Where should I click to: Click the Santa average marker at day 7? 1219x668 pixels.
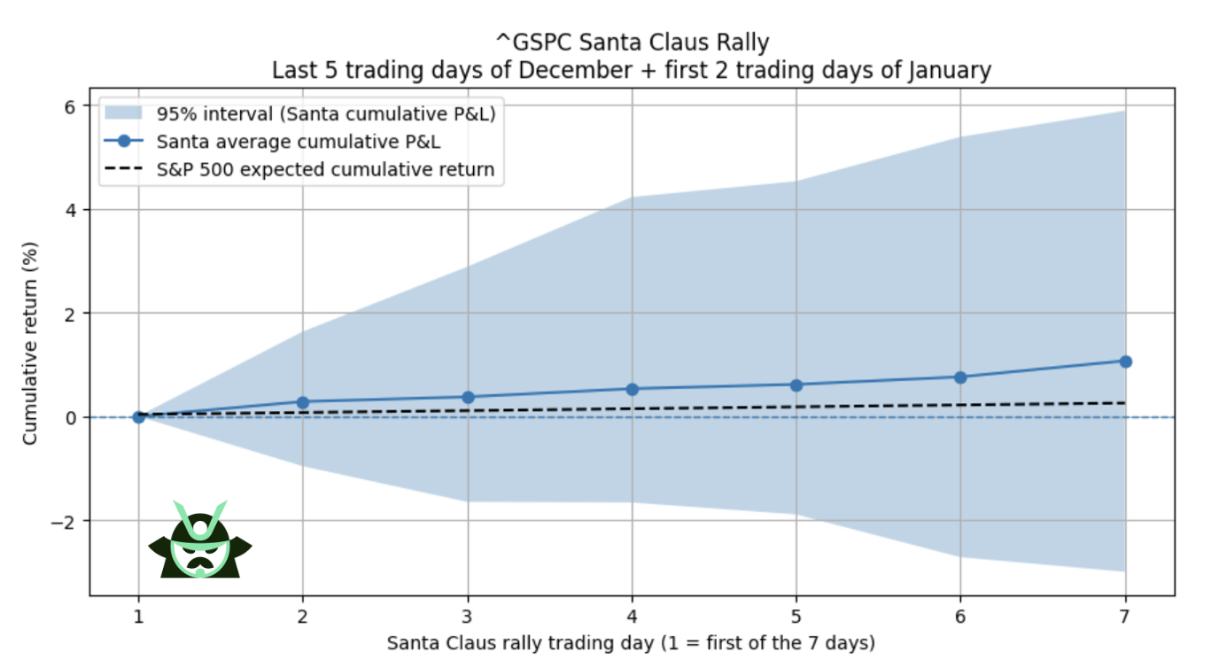pyautogui.click(x=1125, y=361)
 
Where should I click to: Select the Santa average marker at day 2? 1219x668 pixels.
pyautogui.click(x=303, y=402)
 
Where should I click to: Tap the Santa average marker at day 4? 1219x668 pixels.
pyautogui.click(x=632, y=389)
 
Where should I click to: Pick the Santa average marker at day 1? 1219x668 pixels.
pyautogui.click(x=138, y=416)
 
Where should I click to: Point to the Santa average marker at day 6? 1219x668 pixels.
pyautogui.click(x=960, y=377)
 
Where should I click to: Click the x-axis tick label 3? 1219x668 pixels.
pyautogui.click(x=468, y=617)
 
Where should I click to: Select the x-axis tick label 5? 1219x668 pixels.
pyautogui.click(x=796, y=617)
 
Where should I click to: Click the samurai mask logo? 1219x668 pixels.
pyautogui.click(x=200, y=540)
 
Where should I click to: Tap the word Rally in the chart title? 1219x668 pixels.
pyautogui.click(x=739, y=43)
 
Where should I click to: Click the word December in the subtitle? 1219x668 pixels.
pyautogui.click(x=568, y=70)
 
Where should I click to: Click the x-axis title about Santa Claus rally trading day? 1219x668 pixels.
pyautogui.click(x=632, y=643)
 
